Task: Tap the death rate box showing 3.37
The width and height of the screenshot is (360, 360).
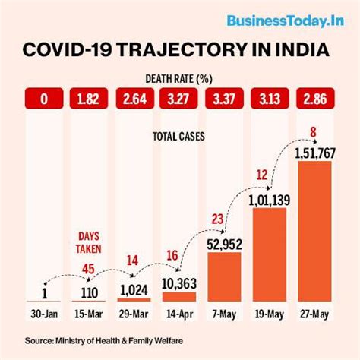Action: [226, 99]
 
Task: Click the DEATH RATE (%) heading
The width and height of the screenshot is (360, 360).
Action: [179, 77]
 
